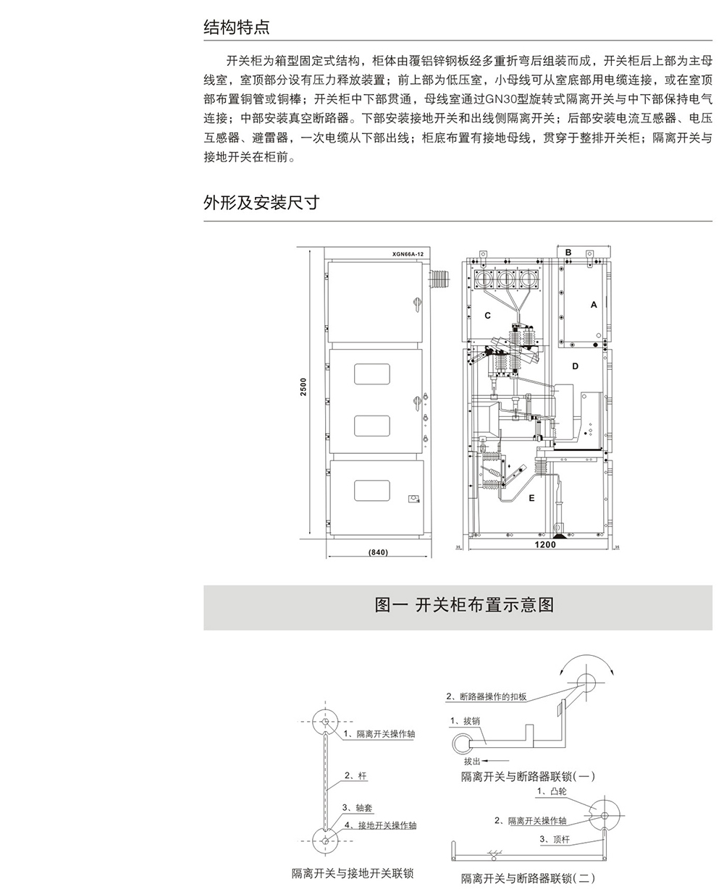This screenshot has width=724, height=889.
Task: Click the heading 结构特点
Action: [x=237, y=28]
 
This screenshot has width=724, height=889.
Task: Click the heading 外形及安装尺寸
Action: [x=261, y=203]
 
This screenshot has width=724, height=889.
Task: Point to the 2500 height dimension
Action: [x=304, y=387]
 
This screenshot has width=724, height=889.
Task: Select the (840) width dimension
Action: [x=378, y=552]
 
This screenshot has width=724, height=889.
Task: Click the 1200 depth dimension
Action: [x=545, y=544]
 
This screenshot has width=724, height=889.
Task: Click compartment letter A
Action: [x=594, y=305]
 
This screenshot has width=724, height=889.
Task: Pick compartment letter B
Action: [x=568, y=253]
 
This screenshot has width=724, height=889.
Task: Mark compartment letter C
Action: [x=487, y=316]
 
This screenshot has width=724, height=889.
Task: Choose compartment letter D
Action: [x=575, y=366]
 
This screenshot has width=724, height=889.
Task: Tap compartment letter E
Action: [x=531, y=498]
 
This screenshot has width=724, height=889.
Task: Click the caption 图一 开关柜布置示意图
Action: [x=464, y=604]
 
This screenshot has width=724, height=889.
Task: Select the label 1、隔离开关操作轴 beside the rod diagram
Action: [x=379, y=734]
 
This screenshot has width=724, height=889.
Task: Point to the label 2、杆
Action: [x=355, y=776]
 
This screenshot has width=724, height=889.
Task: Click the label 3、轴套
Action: [x=358, y=808]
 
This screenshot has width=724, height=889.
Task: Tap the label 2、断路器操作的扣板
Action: [x=486, y=697]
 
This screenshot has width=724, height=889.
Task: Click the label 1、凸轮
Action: [x=552, y=792]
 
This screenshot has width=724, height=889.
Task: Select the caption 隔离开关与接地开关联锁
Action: [x=353, y=874]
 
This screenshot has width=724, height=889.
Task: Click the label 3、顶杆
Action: [x=555, y=840]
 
